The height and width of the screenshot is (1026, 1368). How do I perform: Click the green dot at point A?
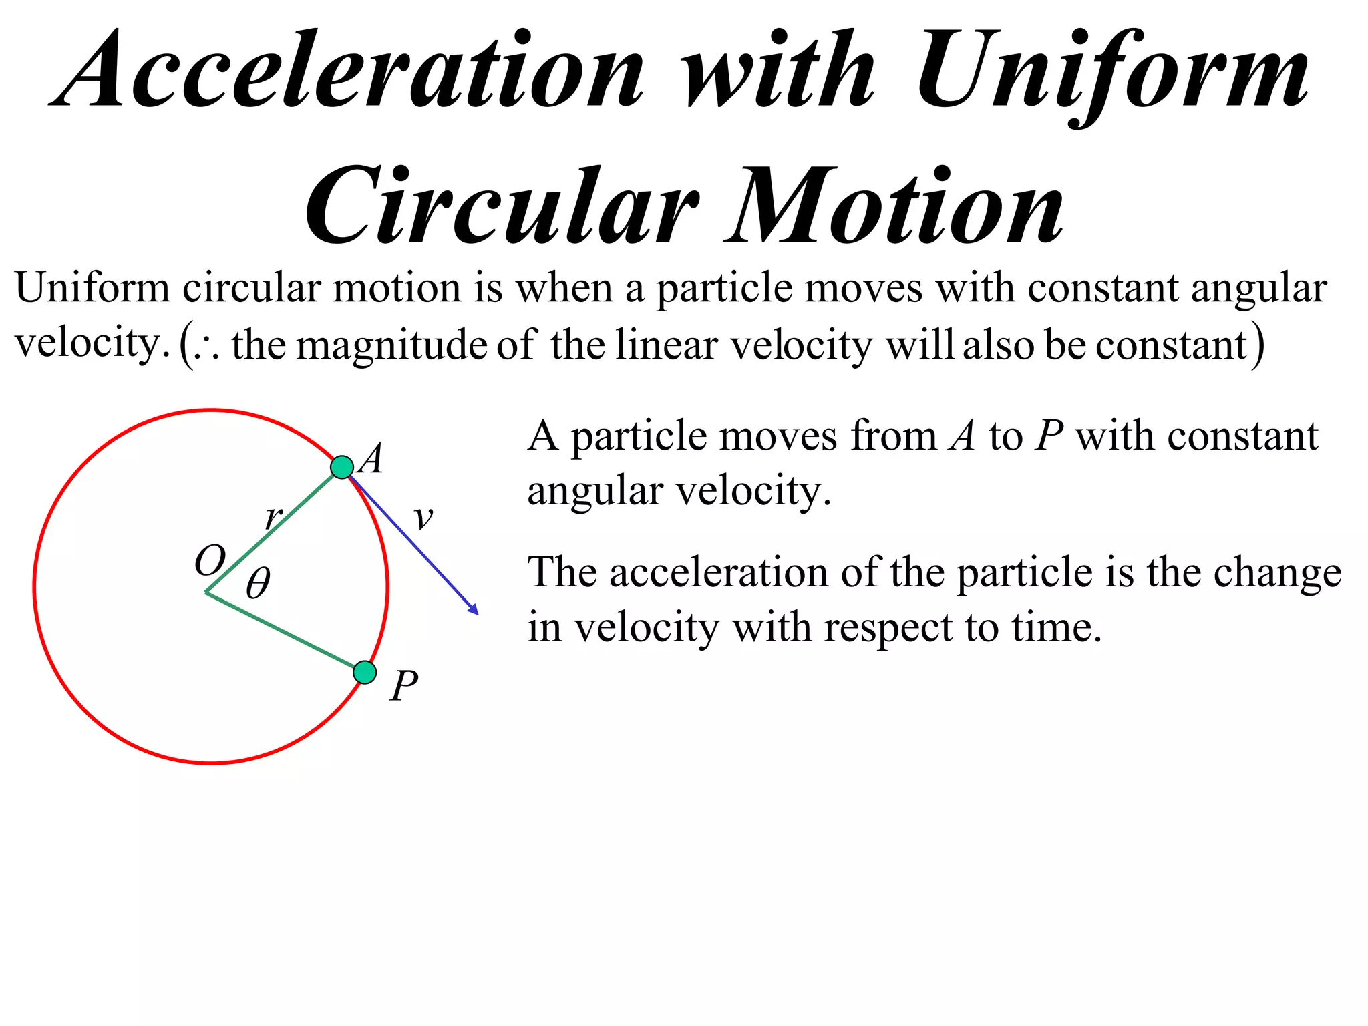342,467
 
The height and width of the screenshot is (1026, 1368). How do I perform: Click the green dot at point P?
365,672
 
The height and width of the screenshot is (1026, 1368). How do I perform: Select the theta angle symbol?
259,583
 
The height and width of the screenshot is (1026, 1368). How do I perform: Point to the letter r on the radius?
273,518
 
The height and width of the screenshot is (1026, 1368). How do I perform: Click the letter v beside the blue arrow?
423,518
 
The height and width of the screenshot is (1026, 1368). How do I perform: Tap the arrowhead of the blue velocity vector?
474,609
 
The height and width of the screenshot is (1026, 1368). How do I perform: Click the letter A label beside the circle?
371,459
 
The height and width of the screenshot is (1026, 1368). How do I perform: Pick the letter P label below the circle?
404,686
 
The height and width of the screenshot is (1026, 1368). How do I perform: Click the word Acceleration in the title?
347,70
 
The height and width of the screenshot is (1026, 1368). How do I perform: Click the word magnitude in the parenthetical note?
391,346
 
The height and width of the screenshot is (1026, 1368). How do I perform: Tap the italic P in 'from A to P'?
1049,437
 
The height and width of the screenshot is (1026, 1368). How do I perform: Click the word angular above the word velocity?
1258,289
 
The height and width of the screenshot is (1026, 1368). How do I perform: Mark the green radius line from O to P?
284,632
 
